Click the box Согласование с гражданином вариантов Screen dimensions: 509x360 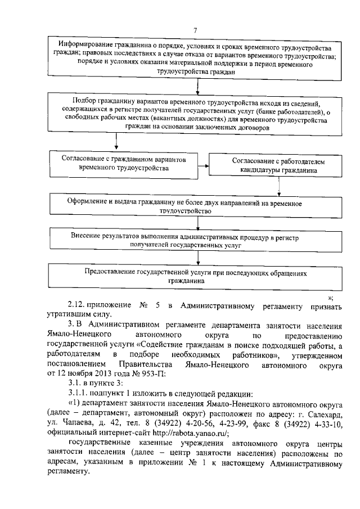tap(123, 163)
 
